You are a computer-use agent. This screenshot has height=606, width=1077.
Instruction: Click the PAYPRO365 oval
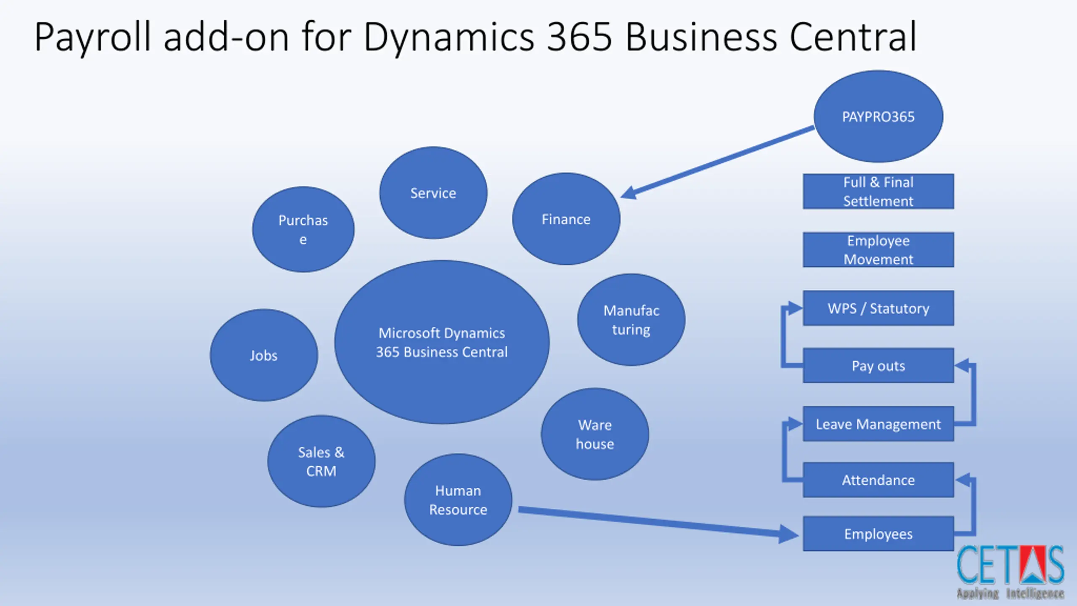878,117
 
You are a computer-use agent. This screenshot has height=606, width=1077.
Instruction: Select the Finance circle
566,219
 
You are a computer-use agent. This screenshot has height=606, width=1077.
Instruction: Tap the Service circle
433,193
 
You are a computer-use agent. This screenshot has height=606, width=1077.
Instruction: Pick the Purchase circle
303,229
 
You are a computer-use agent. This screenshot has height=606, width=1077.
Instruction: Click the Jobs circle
264,355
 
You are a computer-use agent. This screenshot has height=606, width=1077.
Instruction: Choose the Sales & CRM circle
321,461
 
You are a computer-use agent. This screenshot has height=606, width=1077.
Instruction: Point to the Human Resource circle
458,500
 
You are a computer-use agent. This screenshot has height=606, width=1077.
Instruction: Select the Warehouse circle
595,434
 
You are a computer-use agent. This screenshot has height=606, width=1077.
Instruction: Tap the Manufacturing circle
631,320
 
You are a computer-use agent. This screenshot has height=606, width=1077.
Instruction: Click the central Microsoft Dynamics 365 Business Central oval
442,342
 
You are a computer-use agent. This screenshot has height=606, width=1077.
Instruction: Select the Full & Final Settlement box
878,191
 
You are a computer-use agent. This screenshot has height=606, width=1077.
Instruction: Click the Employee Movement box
878,250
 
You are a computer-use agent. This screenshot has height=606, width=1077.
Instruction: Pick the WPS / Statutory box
878,308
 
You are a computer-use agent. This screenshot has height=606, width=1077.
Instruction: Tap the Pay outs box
878,365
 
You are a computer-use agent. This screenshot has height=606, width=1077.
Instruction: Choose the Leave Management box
878,424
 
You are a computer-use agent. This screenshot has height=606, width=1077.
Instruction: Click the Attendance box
878,480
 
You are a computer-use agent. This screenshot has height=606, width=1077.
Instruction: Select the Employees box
878,534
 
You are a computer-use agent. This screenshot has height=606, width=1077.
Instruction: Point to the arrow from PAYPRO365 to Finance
717,162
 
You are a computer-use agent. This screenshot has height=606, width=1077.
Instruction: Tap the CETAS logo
1011,572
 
